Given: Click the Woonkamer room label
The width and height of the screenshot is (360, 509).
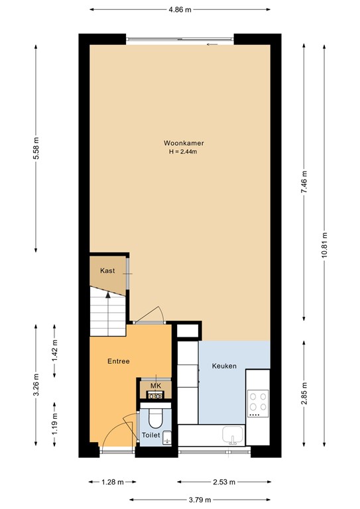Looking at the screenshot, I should click(184, 143).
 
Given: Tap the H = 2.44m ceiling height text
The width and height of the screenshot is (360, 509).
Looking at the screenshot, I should click(184, 152).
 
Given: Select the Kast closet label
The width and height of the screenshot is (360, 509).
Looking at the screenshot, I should click(107, 271).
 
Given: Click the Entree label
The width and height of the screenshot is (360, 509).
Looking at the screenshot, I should click(119, 361).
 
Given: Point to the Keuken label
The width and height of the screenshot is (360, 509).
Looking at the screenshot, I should click(224, 366).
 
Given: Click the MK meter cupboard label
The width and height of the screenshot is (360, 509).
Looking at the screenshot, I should click(155, 386).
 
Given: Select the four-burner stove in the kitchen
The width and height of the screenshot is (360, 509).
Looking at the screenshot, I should click(257, 402).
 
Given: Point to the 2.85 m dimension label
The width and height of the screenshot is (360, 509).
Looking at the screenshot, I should click(303, 396).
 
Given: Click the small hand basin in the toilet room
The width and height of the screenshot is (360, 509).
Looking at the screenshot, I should click(167, 437).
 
